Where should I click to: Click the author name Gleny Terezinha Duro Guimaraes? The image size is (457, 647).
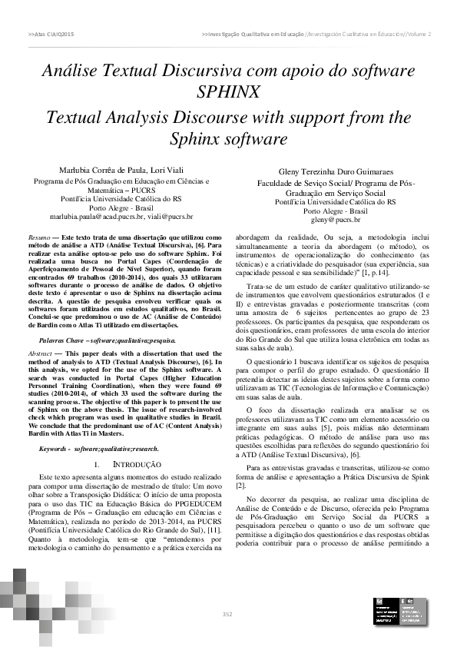pyautogui.click(x=336, y=173)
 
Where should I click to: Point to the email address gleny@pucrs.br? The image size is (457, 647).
pyautogui.click(x=336, y=220)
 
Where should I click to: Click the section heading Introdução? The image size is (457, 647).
pyautogui.click(x=126, y=465)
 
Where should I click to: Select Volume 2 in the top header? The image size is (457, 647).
pyautogui.click(x=418, y=35)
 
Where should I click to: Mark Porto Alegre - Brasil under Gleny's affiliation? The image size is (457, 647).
pyautogui.click(x=336, y=211)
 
